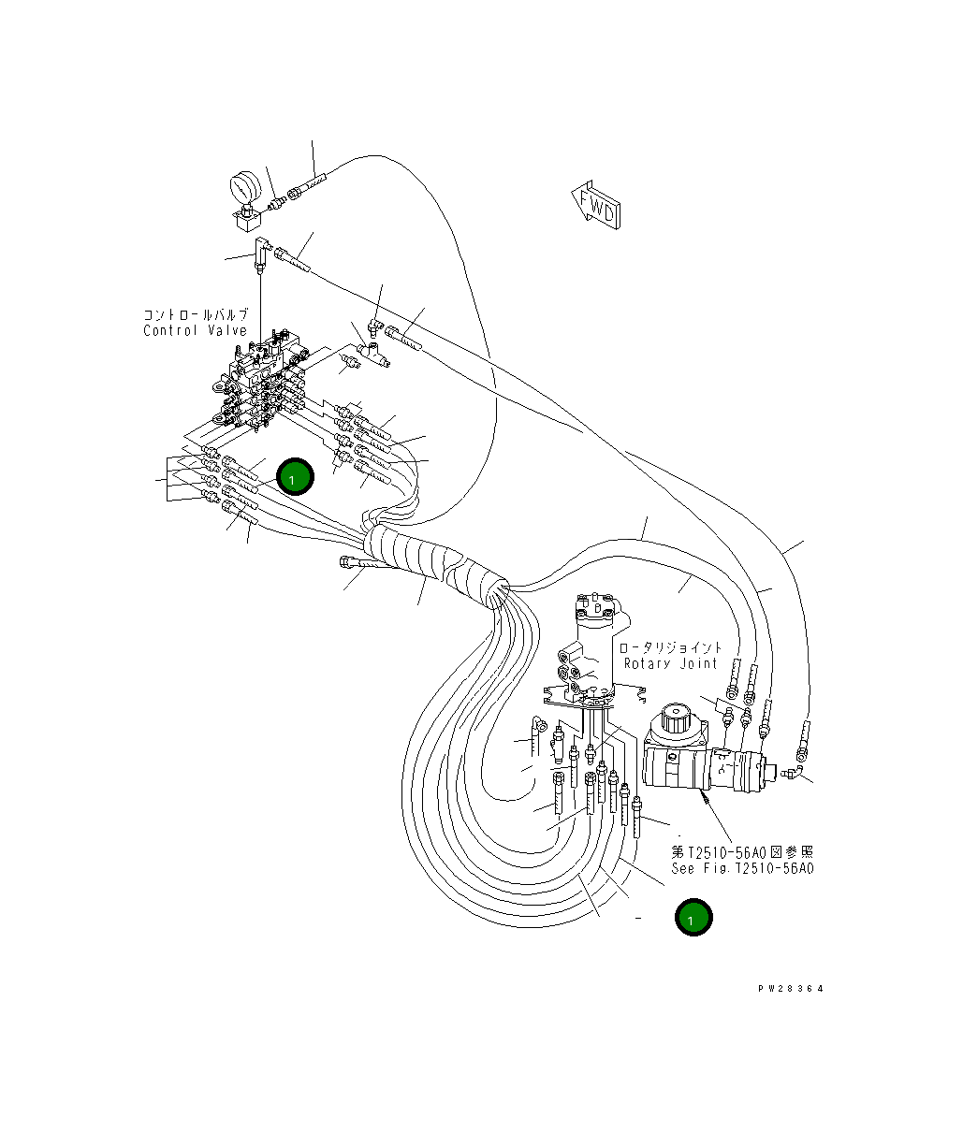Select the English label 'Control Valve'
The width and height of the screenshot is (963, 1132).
195,330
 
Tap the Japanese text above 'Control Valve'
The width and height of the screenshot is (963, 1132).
195,315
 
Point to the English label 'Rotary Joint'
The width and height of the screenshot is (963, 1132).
671,663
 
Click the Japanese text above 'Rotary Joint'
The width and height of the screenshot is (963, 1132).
670,647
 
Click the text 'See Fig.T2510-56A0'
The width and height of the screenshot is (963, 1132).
742,868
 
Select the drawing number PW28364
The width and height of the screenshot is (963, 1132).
793,988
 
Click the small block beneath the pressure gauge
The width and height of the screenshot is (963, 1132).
246,221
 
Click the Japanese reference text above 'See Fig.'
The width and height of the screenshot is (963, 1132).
742,852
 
